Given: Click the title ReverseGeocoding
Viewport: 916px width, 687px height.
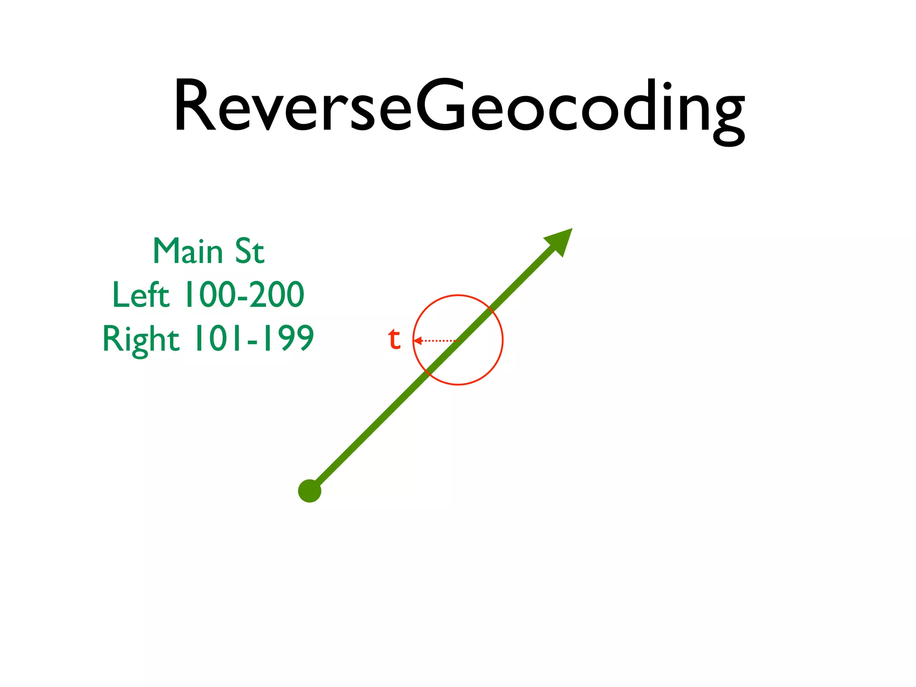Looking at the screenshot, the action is pos(459,107).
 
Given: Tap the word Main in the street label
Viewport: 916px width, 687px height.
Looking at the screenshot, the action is pos(188,251).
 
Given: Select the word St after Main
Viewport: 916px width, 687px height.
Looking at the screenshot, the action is pos(250,251).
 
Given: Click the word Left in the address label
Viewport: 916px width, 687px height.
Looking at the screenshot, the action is pos(141,295).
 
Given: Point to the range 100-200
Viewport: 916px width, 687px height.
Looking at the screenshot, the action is pos(245,295).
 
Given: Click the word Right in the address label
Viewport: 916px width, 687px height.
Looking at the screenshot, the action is pos(141,339).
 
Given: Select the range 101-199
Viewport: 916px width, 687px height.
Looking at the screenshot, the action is pos(254,339).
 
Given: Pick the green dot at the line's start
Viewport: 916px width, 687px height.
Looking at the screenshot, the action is pos(310,491).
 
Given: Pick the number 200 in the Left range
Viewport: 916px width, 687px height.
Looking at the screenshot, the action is pos(277,295).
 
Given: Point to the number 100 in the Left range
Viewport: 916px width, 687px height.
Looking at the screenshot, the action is pos(210,295).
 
